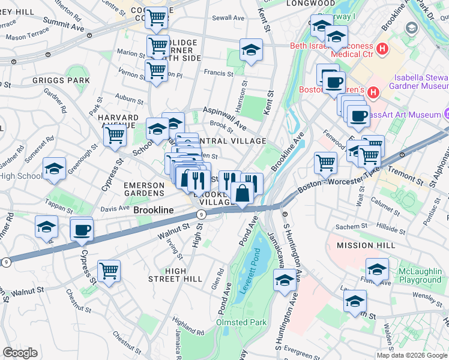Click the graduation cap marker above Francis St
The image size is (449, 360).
tap(251, 50)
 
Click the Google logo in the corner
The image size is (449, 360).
tap(20, 353)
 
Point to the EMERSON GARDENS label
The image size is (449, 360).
tap(143, 189)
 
